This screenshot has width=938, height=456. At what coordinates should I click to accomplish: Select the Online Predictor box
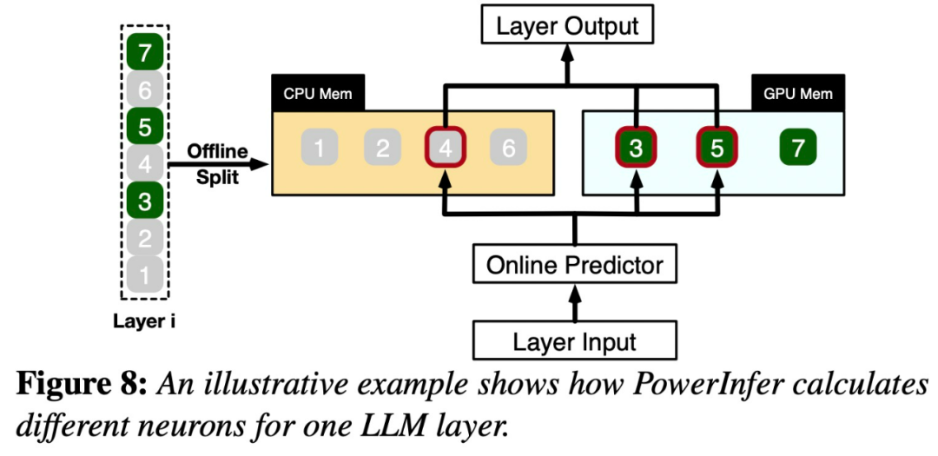tap(574, 264)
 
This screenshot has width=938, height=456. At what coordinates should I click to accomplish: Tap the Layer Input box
tap(575, 341)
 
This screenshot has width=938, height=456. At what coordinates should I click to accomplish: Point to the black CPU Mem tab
tap(318, 94)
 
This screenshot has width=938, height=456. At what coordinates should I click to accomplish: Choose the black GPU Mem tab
tap(796, 94)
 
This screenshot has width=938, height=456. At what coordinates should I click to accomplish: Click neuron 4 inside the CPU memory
tap(446, 149)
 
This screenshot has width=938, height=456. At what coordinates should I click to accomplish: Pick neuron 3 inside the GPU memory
tap(637, 149)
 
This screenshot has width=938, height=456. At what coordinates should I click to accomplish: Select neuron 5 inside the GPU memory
tap(717, 149)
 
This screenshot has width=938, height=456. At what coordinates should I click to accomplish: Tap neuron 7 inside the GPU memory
tap(797, 149)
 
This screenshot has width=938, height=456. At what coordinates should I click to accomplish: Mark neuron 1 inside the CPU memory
tap(320, 149)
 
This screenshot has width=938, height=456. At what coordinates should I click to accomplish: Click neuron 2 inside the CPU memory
tap(382, 149)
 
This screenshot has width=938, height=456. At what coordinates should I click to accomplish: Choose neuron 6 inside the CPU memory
tap(508, 149)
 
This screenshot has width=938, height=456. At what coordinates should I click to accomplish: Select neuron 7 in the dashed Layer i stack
tap(145, 54)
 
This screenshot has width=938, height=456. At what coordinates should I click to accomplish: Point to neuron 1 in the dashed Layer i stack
tap(145, 274)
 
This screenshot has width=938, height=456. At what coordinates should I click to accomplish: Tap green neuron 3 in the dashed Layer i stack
tap(145, 202)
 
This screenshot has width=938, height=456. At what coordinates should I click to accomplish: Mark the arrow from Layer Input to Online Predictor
tap(574, 302)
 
